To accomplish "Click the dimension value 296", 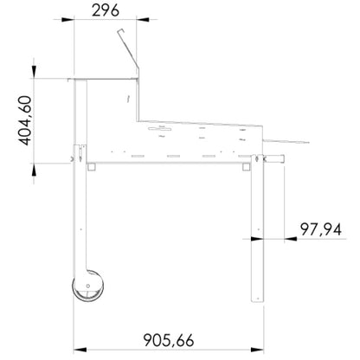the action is coord(106,10).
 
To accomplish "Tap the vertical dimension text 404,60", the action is coord(25,120).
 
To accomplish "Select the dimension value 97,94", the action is coord(321,230).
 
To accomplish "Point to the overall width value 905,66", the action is coord(169,340).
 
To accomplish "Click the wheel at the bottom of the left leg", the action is coord(88,286).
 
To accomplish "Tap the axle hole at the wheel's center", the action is coord(88,286).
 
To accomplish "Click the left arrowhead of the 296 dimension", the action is coord(67,20).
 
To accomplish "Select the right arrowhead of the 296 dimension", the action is coord(143,20).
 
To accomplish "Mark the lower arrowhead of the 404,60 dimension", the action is coord(34,170).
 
